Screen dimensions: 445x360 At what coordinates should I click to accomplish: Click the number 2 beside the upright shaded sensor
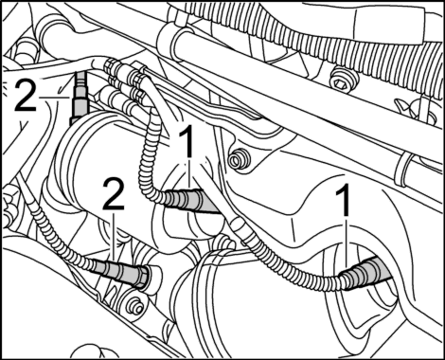pyautogui.click(x=26, y=95)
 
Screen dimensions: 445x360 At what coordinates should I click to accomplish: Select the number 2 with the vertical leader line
pyautogui.click(x=114, y=193)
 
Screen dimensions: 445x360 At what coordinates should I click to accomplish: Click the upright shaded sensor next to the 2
pyautogui.click(x=79, y=98)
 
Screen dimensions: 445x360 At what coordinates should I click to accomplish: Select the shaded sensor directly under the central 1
pyautogui.click(x=191, y=202)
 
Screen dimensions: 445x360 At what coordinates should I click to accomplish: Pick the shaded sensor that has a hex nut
pyautogui.click(x=121, y=272)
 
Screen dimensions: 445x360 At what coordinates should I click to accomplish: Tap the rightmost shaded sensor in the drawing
pyautogui.click(x=366, y=272)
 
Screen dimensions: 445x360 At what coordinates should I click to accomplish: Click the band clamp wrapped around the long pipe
pyautogui.click(x=400, y=169)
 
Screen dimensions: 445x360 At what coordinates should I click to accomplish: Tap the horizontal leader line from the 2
pyautogui.click(x=55, y=98)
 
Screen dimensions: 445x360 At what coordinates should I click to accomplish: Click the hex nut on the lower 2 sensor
pyautogui.click(x=144, y=277)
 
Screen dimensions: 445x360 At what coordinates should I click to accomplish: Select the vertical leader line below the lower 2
pyautogui.click(x=114, y=239)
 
